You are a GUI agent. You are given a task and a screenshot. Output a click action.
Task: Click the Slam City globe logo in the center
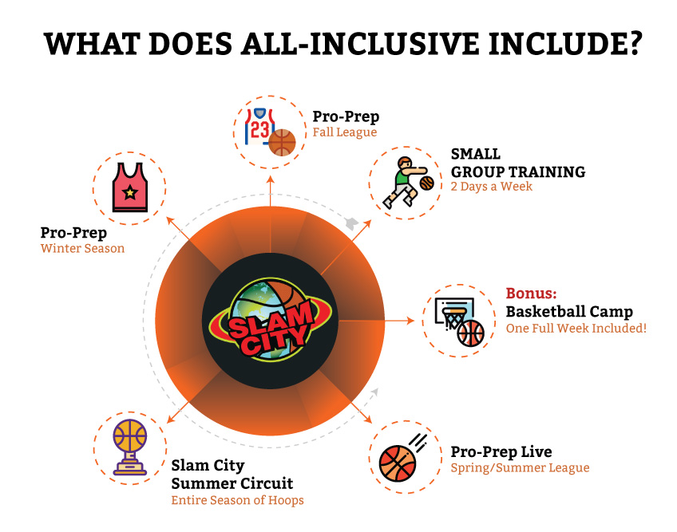pyautogui.click(x=271, y=320)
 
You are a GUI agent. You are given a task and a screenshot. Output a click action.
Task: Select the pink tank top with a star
pyautogui.click(x=129, y=187)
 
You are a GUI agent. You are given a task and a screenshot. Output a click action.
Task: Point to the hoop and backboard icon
pyautogui.click(x=459, y=321)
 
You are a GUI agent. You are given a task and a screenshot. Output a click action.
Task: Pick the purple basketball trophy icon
pyautogui.click(x=130, y=447)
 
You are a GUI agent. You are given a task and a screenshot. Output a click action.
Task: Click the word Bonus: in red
pyautogui.click(x=532, y=294)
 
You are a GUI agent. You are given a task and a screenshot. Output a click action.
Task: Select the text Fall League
pyautogui.click(x=345, y=132)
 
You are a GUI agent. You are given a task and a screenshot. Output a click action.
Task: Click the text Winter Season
pyautogui.click(x=82, y=249)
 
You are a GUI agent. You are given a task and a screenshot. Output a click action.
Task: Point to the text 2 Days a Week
pyautogui.click(x=491, y=187)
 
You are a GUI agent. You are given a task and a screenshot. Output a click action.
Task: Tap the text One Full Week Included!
pyautogui.click(x=576, y=329)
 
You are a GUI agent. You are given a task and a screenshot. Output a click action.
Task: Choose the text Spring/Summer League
pyautogui.click(x=520, y=467)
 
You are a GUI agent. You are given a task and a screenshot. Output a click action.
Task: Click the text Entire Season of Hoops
pyautogui.click(x=237, y=500)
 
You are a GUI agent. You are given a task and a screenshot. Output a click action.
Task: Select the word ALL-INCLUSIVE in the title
pyautogui.click(x=359, y=44)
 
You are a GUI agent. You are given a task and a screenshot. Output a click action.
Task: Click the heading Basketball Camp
pyautogui.click(x=569, y=312)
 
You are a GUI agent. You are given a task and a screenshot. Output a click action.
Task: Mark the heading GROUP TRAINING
pyautogui.click(x=518, y=171)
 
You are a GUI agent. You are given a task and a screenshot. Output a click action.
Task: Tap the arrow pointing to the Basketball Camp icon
pyautogui.click(x=377, y=321)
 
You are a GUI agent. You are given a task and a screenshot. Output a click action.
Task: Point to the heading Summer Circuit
pyautogui.click(x=232, y=483)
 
